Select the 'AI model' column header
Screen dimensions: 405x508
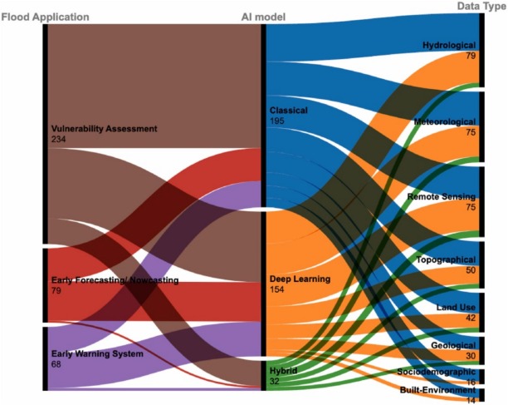click(x=270, y=17)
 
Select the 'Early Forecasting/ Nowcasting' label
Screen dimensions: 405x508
click(x=115, y=280)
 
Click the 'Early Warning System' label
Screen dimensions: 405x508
click(x=97, y=354)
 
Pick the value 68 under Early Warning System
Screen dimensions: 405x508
click(x=56, y=365)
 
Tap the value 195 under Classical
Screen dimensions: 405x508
click(x=278, y=121)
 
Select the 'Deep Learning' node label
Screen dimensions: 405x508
click(x=300, y=279)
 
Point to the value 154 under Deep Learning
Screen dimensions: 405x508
click(x=278, y=289)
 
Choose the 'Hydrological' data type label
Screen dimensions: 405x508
click(x=448, y=45)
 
